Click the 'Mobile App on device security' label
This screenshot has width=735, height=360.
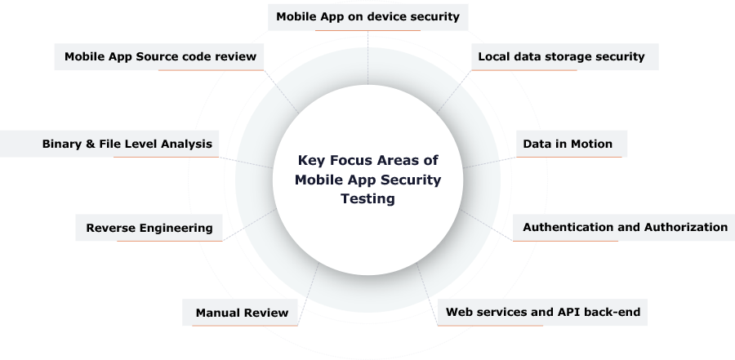pyautogui.click(x=367, y=16)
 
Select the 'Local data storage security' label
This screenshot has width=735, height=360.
pyautogui.click(x=561, y=56)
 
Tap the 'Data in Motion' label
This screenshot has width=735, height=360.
pyautogui.click(x=568, y=144)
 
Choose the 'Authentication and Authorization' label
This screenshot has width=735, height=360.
pyautogui.click(x=625, y=227)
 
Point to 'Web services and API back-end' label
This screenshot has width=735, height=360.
pyautogui.click(x=542, y=312)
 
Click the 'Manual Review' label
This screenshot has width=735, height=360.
pyautogui.click(x=242, y=312)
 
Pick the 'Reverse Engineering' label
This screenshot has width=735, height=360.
pyautogui.click(x=149, y=228)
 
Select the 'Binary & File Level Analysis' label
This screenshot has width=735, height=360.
pyautogui.click(x=127, y=144)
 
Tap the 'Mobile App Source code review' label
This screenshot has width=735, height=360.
pyautogui.click(x=161, y=56)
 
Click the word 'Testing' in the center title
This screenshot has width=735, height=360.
pyautogui.click(x=367, y=198)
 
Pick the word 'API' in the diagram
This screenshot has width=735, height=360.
pyautogui.click(x=569, y=312)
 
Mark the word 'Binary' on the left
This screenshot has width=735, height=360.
pyautogui.click(x=62, y=144)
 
